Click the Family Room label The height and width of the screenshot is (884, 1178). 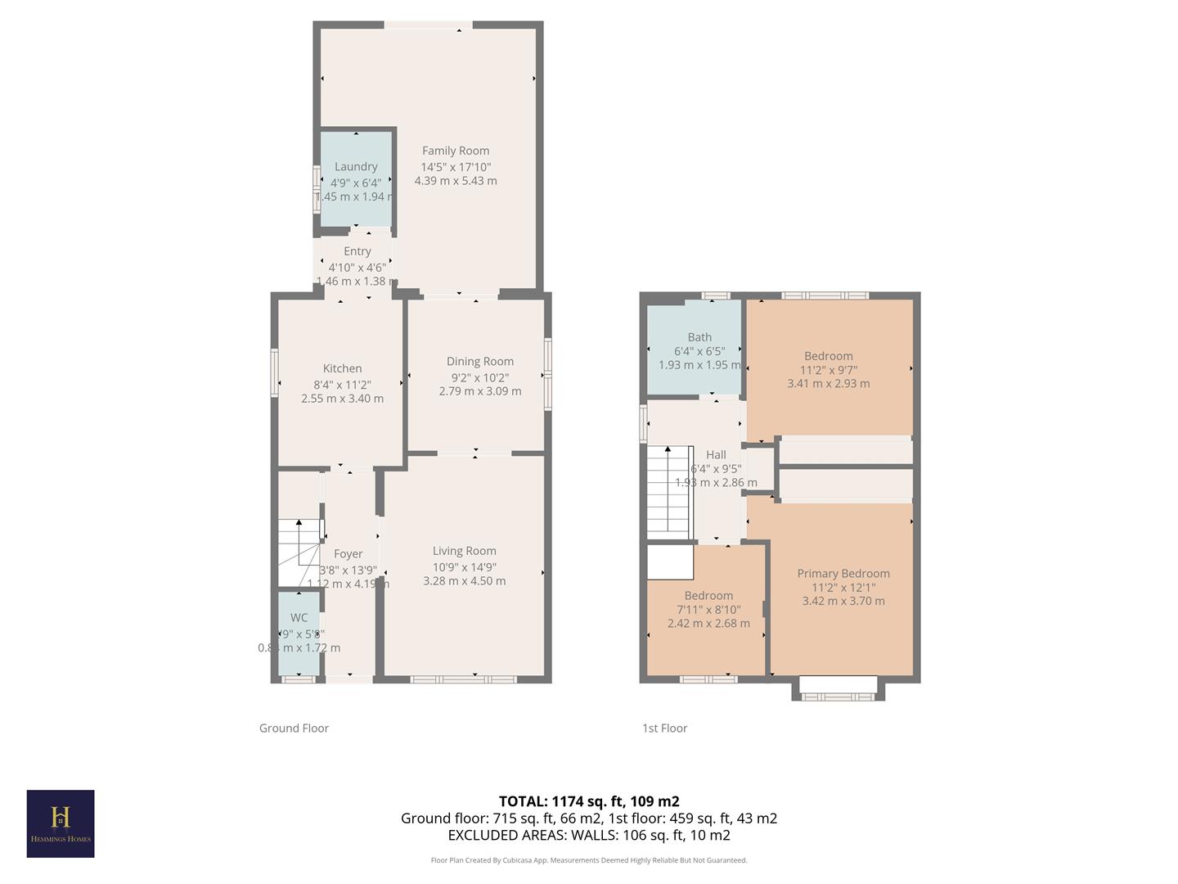[456, 151]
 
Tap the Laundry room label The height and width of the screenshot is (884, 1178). [356, 166]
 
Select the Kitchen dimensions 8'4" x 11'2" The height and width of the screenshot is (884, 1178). [342, 385]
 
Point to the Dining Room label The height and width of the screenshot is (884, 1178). [480, 361]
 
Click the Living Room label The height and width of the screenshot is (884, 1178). [464, 551]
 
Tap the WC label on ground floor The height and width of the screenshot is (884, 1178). [299, 618]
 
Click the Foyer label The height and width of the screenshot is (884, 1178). [348, 554]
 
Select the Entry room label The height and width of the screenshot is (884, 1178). [357, 251]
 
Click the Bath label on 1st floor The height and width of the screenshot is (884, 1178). [699, 337]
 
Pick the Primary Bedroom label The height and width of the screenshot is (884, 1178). [843, 574]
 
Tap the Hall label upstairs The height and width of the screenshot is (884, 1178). [716, 455]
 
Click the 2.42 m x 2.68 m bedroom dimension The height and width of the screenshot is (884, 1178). [708, 623]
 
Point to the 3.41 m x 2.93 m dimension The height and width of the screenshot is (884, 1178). [829, 383]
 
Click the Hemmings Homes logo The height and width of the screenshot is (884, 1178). [61, 823]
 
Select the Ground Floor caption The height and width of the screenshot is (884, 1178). [294, 728]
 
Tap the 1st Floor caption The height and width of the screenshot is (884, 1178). [664, 728]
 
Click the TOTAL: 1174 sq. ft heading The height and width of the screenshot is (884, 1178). [589, 801]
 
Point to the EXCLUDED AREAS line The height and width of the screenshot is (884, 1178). [589, 835]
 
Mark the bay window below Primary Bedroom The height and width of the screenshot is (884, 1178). [838, 689]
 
